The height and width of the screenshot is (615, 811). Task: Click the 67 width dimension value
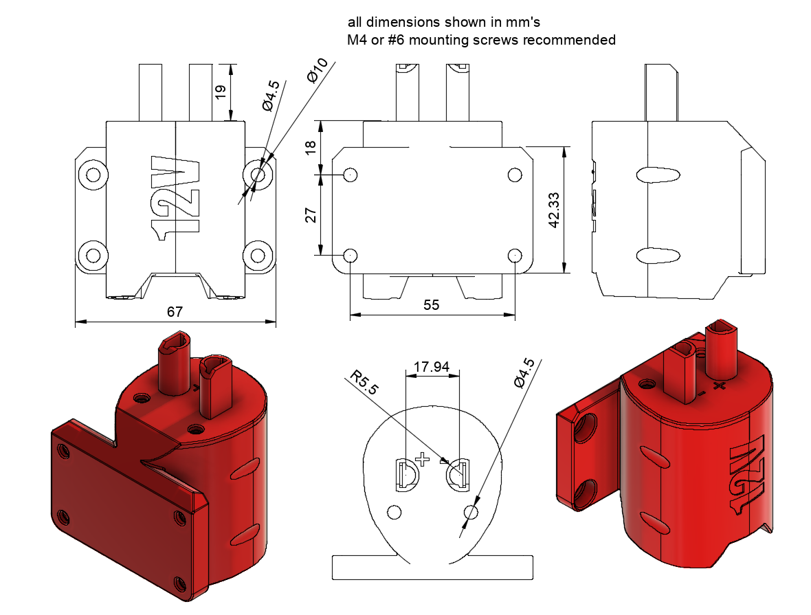[175, 311]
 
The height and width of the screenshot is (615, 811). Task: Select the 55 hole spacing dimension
[431, 305]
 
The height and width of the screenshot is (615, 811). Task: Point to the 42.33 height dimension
[554, 209]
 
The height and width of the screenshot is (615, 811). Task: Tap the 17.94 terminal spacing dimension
[432, 367]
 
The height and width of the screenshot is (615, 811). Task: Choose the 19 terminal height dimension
[221, 91]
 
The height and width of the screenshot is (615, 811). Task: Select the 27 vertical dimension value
[310, 215]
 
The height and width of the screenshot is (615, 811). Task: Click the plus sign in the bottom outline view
[421, 458]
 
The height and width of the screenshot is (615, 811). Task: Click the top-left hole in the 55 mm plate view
[350, 175]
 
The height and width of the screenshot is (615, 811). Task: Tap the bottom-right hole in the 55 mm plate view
[515, 255]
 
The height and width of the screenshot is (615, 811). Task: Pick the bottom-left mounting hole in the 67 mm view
[91, 255]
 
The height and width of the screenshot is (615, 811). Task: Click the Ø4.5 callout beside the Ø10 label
[270, 96]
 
